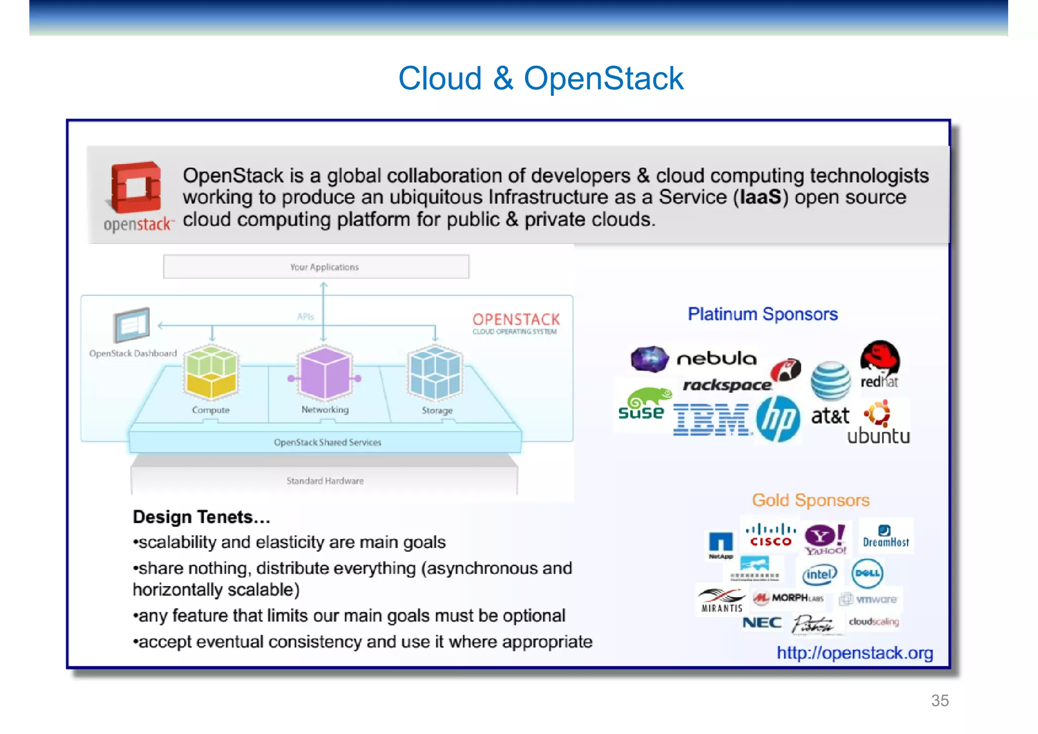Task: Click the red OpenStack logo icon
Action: click(x=136, y=187)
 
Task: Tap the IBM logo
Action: click(x=711, y=420)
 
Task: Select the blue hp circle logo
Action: click(x=777, y=419)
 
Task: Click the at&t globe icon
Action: click(x=830, y=381)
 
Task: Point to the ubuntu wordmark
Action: click(x=878, y=436)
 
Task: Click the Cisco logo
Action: click(x=770, y=535)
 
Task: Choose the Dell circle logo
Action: click(x=867, y=573)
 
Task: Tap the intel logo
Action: click(x=819, y=574)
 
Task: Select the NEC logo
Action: click(x=762, y=622)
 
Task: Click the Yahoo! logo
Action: click(x=825, y=539)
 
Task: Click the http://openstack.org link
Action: click(x=855, y=653)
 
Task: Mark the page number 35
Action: click(x=940, y=701)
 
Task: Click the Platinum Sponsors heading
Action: click(x=762, y=314)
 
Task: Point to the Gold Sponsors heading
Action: click(x=810, y=500)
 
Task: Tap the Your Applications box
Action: click(x=316, y=267)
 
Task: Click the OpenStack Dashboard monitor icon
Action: click(x=132, y=324)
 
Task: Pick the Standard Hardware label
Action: click(x=325, y=481)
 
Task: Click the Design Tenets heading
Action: click(x=201, y=517)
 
